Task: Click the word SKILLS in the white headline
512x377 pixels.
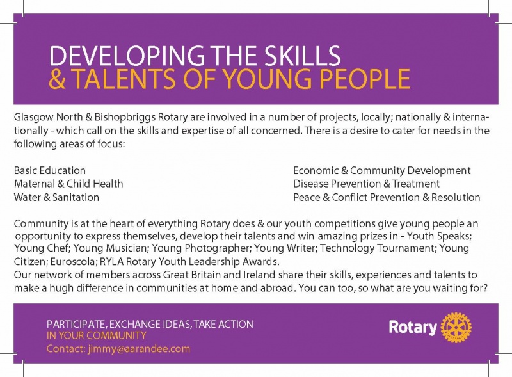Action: coord(302,56)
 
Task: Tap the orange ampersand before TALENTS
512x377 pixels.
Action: coord(57,79)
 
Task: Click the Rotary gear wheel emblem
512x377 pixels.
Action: coord(456,327)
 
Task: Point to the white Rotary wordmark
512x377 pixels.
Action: coord(413,327)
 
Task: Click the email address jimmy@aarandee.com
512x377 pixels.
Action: coord(139,349)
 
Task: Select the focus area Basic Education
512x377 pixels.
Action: coord(50,170)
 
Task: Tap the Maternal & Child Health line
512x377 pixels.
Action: coord(68,184)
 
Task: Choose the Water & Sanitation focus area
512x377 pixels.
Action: coord(56,197)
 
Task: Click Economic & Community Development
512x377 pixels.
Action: coord(381,171)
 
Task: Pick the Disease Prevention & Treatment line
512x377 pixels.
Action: coord(366,184)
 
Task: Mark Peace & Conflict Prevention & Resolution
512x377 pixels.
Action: coord(387,197)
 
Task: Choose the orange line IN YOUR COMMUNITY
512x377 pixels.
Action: coord(97,335)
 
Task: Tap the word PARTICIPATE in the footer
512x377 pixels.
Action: coord(76,325)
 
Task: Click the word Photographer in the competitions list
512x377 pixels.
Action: coord(217,248)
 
